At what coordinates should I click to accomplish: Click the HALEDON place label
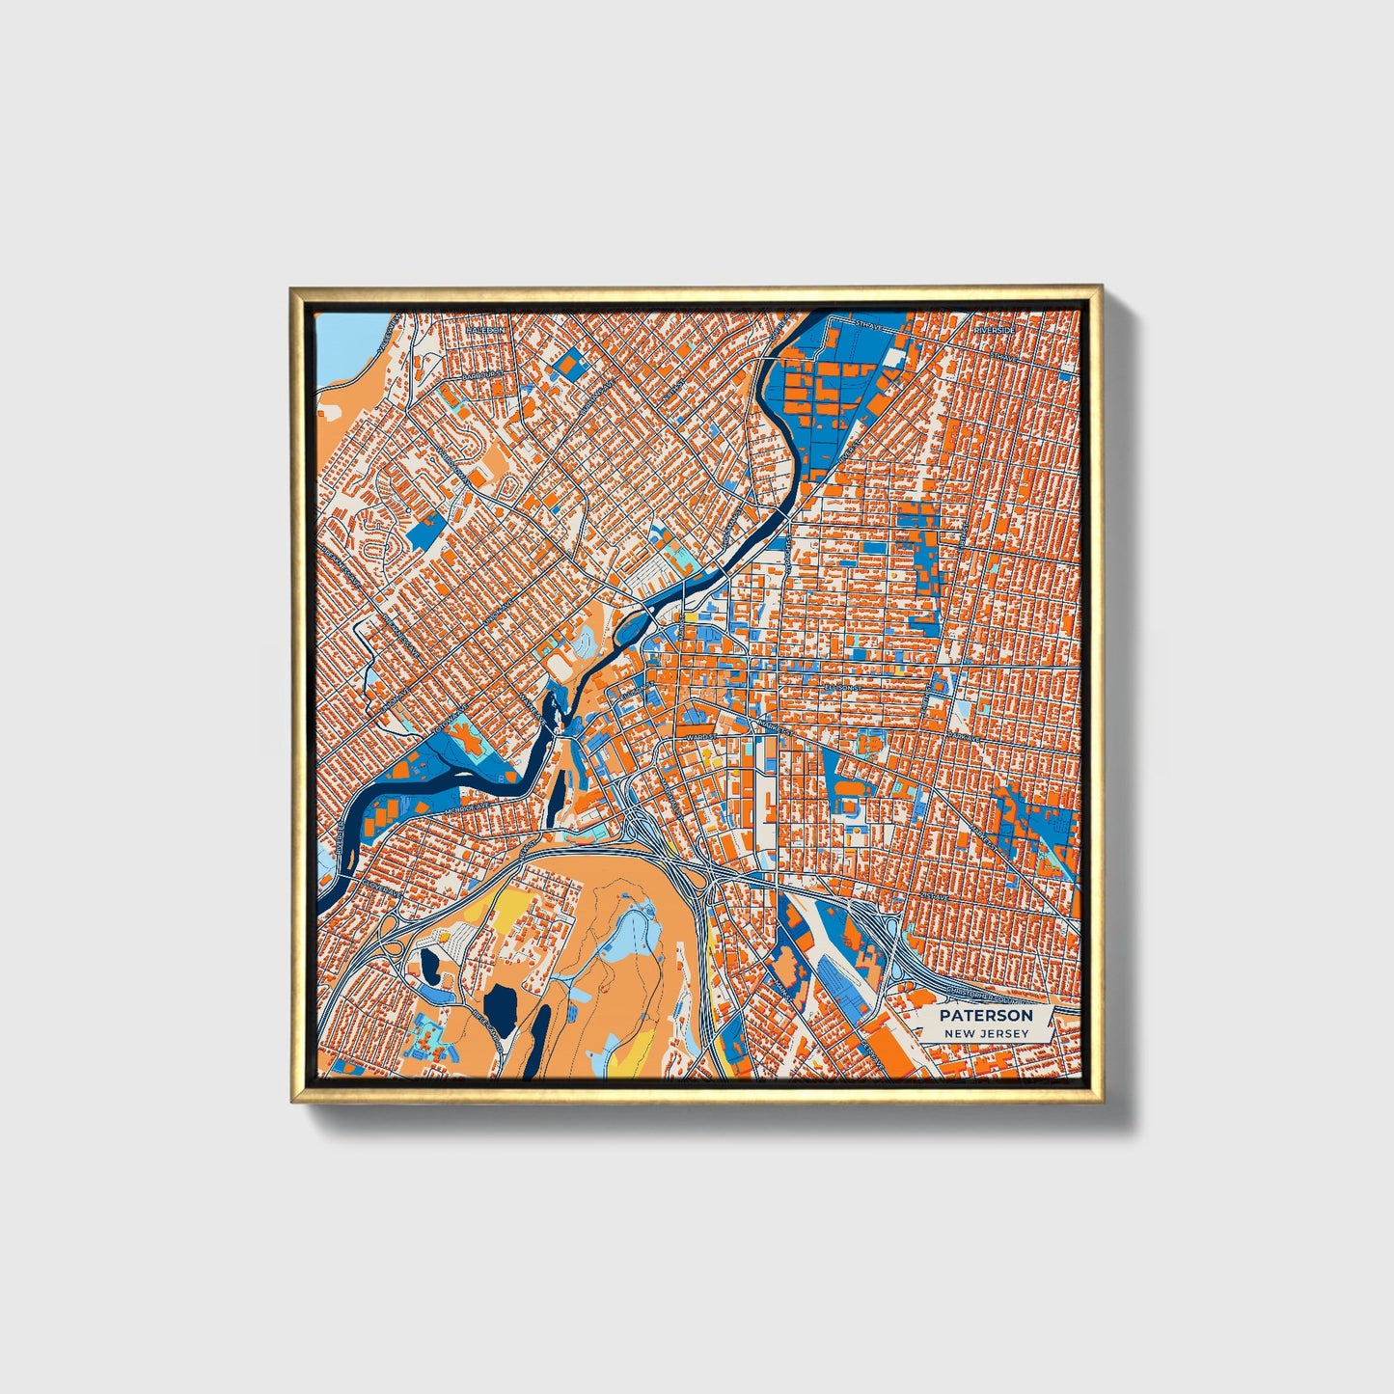point(485,329)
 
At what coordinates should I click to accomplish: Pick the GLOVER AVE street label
point(378,886)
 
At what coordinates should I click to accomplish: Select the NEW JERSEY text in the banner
point(986,1033)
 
